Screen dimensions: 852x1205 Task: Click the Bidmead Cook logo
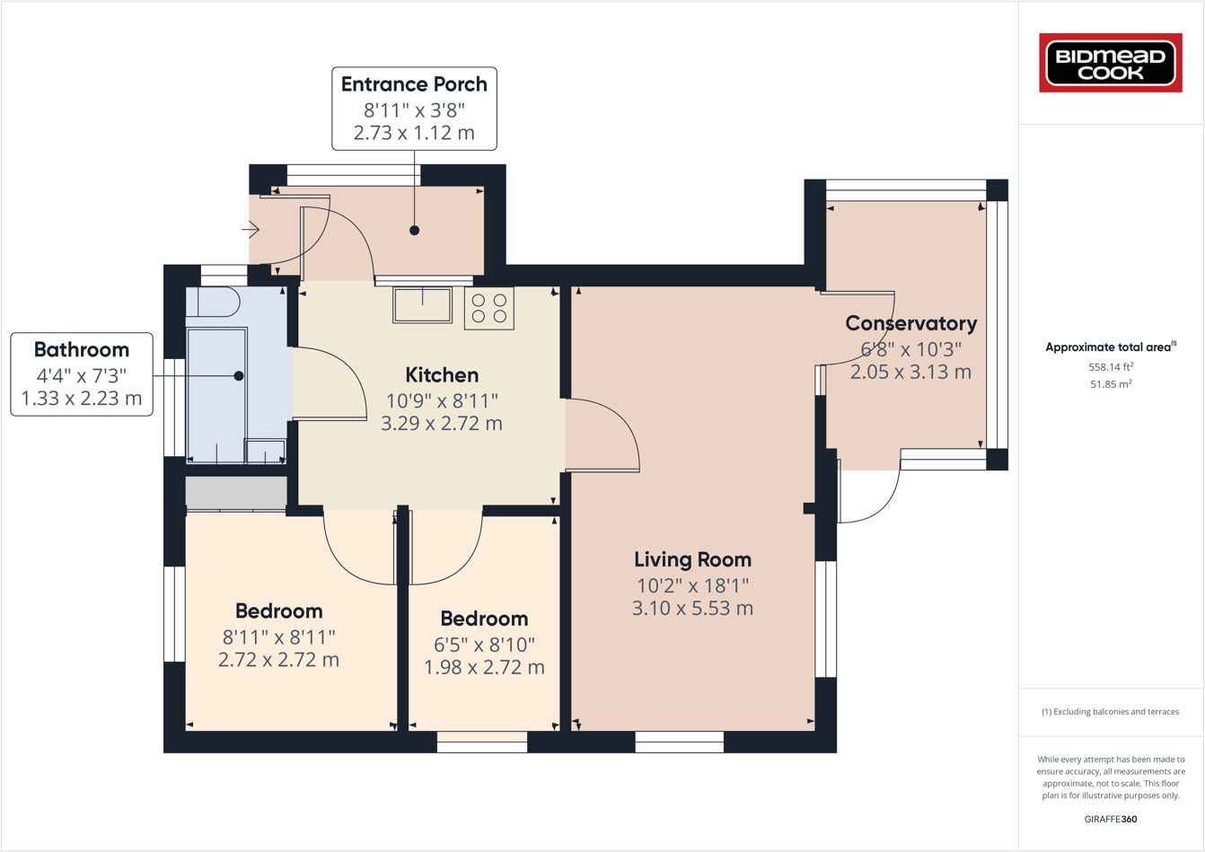click(x=1111, y=63)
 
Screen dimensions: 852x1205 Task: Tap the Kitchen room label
click(x=442, y=375)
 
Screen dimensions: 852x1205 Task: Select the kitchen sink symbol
click(x=423, y=304)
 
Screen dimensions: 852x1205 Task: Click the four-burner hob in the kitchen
click(x=489, y=308)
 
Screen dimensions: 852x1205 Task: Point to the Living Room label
click(x=692, y=560)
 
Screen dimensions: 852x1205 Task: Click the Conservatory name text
click(x=910, y=323)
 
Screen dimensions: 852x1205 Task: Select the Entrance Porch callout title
click(x=414, y=84)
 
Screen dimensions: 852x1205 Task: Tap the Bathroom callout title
click(x=82, y=350)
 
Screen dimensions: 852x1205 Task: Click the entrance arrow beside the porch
click(x=251, y=230)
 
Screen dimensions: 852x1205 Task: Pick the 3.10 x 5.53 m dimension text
click(x=692, y=609)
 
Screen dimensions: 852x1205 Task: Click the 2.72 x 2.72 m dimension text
click(x=278, y=660)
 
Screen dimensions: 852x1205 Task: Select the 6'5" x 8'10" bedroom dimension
click(x=484, y=645)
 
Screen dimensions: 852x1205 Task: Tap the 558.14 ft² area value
click(x=1111, y=366)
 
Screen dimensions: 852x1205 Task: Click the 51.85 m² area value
click(x=1111, y=384)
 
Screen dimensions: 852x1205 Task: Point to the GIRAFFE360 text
click(x=1111, y=819)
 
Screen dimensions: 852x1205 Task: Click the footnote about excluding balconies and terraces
click(x=1111, y=712)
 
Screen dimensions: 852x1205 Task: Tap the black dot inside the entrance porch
click(x=414, y=231)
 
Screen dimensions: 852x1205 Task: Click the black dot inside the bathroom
click(x=239, y=376)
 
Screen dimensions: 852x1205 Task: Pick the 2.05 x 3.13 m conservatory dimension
click(x=910, y=372)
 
